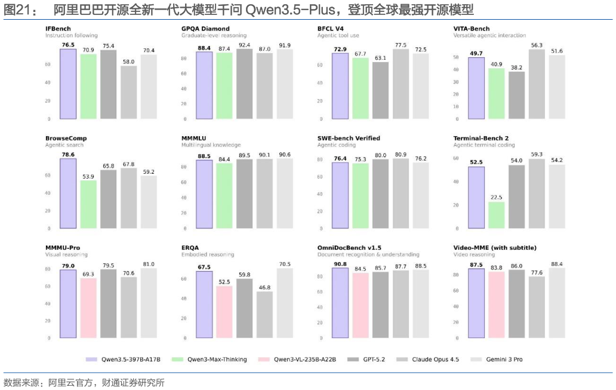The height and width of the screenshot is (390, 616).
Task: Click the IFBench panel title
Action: coord(58,29)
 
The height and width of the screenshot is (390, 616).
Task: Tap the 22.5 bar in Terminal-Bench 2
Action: coord(496,215)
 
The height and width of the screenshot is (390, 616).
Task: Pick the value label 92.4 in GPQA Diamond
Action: coord(244,45)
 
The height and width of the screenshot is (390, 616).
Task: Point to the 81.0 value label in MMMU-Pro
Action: coord(149,264)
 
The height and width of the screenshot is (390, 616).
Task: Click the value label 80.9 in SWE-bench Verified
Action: coord(401,155)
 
